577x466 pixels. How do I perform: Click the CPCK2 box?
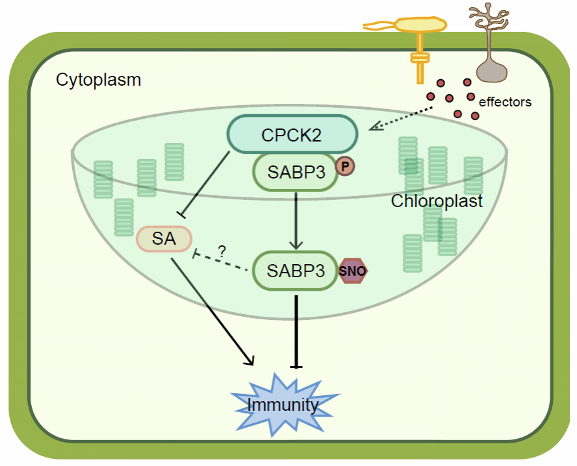[x=292, y=134]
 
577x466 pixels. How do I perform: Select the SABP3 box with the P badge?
[x=296, y=172]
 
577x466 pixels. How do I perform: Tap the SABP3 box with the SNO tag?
[x=295, y=271]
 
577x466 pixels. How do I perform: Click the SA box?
[x=164, y=239]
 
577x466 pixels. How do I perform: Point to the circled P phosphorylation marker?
[x=345, y=167]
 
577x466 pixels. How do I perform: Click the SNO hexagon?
[x=353, y=271]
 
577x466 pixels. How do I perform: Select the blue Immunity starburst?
[x=283, y=404]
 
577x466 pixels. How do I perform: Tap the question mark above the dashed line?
[x=222, y=251]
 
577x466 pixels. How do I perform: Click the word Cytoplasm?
[x=98, y=80]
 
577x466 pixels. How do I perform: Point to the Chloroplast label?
[x=437, y=201]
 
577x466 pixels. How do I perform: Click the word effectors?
[x=505, y=102]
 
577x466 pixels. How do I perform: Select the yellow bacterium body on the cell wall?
[x=420, y=25]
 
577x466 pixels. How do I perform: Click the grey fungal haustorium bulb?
[x=492, y=71]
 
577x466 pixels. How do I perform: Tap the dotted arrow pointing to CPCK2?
[x=400, y=118]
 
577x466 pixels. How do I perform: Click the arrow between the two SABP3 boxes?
[x=296, y=221]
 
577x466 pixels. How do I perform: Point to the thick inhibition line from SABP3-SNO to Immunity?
[x=296, y=332]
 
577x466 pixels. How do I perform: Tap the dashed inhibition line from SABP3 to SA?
[x=220, y=262]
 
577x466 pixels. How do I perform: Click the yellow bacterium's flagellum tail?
[x=379, y=26]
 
